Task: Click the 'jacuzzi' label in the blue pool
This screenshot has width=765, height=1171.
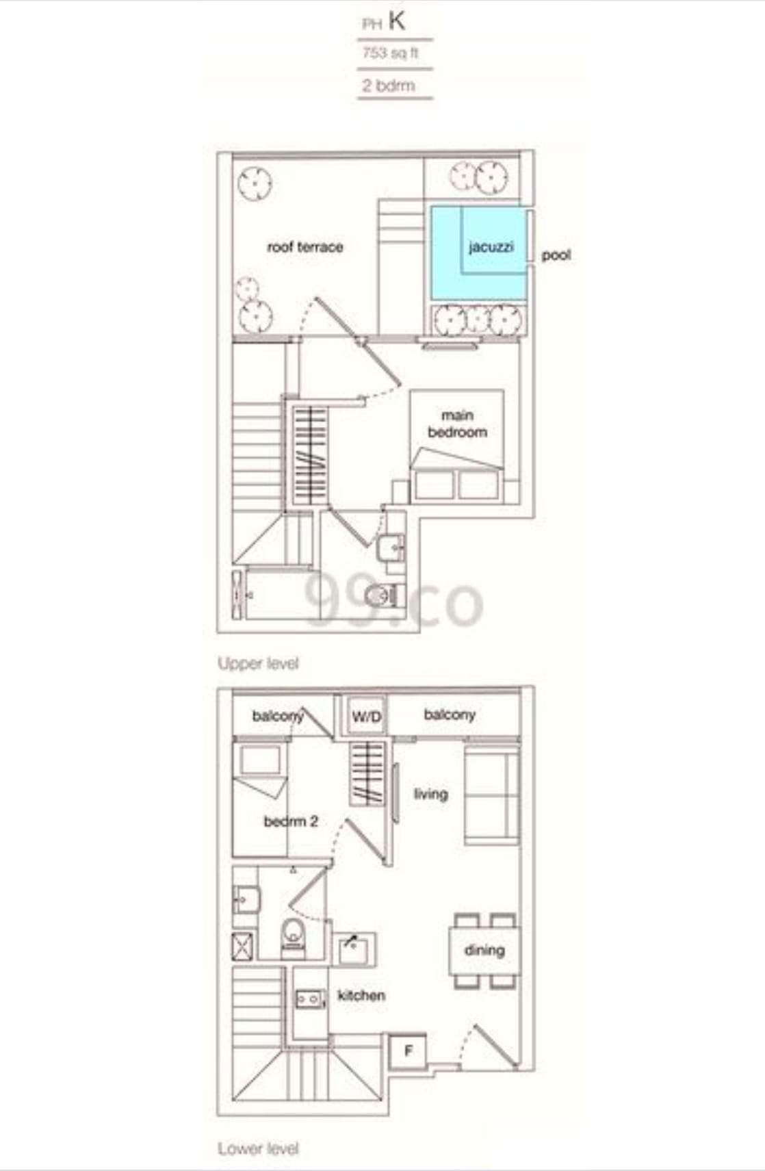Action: tap(491, 247)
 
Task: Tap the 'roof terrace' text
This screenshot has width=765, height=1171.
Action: tap(305, 247)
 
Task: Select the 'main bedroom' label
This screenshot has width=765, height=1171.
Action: tap(457, 424)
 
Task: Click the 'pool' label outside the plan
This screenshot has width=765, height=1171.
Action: tap(556, 256)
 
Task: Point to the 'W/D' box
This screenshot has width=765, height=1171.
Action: tap(366, 716)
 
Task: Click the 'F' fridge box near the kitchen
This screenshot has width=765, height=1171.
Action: tap(408, 1051)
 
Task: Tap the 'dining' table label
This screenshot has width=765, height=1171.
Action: tap(484, 951)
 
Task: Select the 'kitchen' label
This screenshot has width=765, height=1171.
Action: tap(361, 995)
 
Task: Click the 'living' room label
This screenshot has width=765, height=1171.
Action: tap(430, 795)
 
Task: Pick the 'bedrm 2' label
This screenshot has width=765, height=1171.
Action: tap(291, 821)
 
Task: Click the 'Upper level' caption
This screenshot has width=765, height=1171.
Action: tap(257, 663)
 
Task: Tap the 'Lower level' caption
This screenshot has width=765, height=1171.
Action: tap(257, 1148)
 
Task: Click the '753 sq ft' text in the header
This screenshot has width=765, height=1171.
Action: tap(390, 53)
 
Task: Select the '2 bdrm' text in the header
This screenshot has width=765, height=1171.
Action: tap(388, 86)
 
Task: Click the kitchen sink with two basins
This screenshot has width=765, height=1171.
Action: tap(309, 999)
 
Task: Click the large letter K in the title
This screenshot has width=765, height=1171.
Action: tap(397, 21)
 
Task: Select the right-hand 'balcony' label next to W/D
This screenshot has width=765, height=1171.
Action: tap(450, 715)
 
